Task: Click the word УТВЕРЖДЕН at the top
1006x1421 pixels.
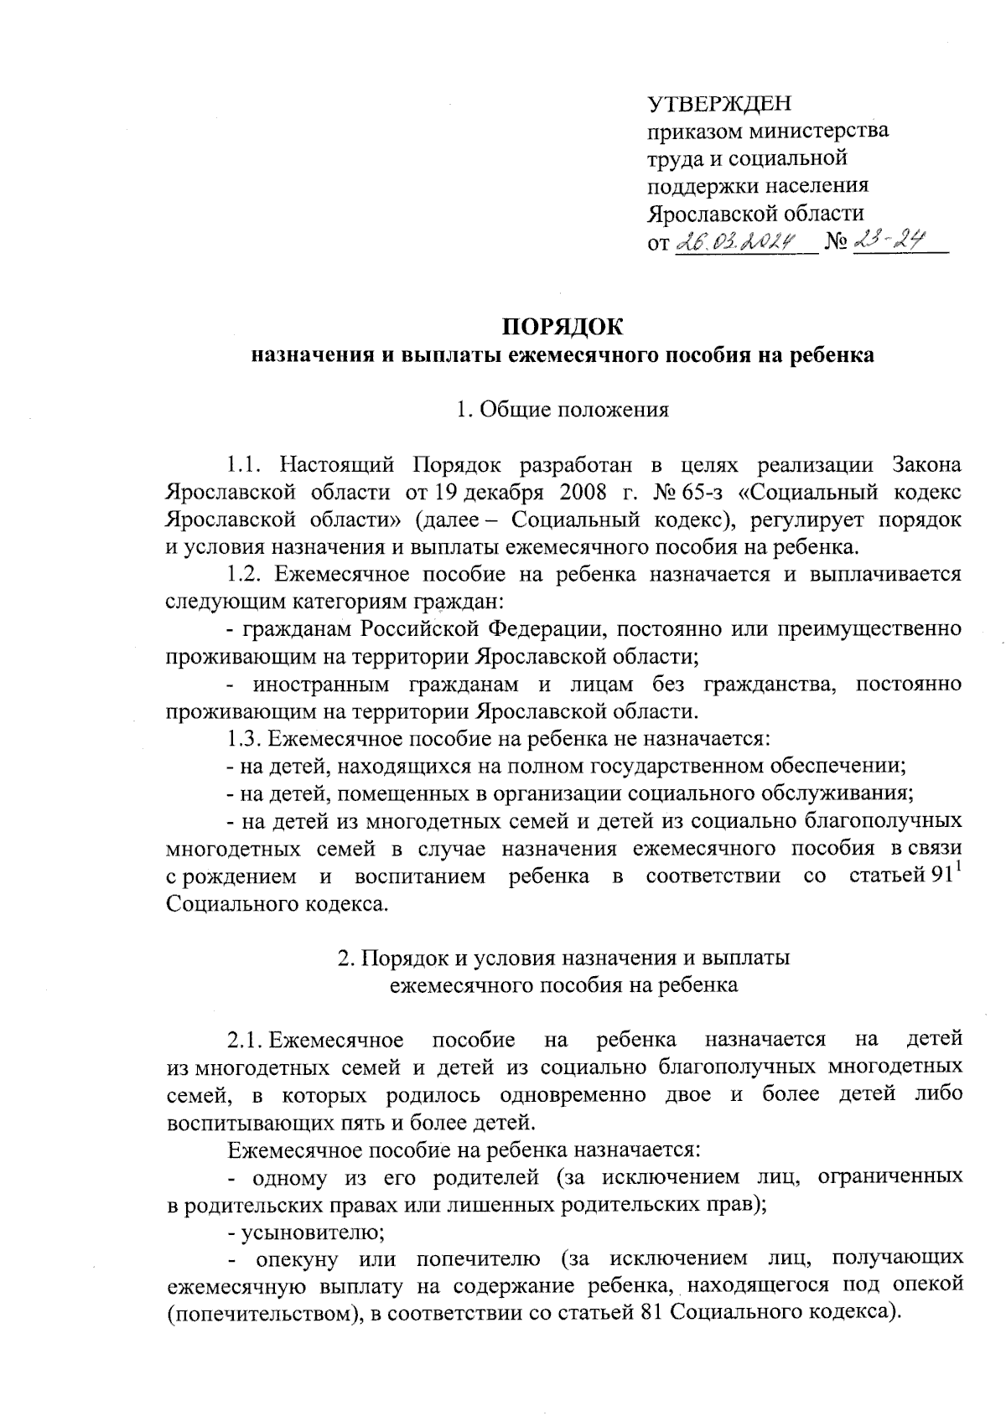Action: click(719, 104)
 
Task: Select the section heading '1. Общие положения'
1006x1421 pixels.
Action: click(562, 410)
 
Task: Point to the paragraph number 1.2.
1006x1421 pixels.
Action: click(246, 574)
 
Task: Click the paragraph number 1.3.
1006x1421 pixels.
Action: click(246, 739)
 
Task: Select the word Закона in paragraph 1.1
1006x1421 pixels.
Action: click(926, 463)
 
